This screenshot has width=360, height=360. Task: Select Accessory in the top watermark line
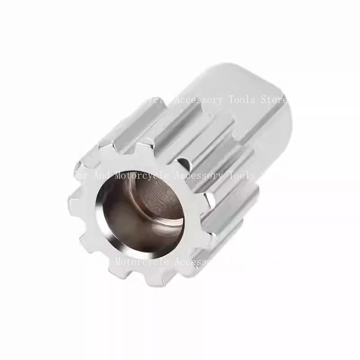coord(198,100)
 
